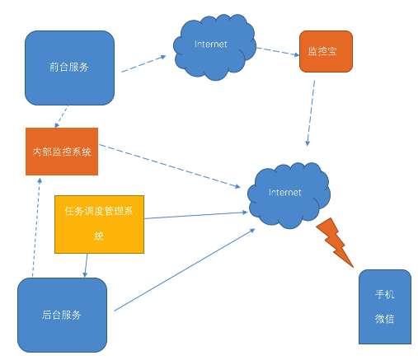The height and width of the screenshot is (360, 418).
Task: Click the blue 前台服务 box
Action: [x=69, y=68]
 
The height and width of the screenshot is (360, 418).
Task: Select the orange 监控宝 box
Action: [x=325, y=52]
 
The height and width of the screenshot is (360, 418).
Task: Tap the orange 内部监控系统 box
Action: [x=62, y=152]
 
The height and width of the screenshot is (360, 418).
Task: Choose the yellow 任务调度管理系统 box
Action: [x=99, y=223]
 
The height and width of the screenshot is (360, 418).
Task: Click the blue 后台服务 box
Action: [x=62, y=314]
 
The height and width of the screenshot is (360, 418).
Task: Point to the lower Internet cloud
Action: [x=289, y=196]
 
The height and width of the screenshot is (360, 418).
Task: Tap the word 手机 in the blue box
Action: [x=384, y=295]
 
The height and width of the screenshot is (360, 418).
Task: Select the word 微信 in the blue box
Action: [x=384, y=318]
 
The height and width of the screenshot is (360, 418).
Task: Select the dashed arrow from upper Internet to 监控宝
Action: [x=276, y=51]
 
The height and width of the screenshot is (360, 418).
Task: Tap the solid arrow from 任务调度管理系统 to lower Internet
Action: [x=196, y=216]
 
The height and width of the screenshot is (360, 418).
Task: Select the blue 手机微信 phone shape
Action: [x=384, y=306]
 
